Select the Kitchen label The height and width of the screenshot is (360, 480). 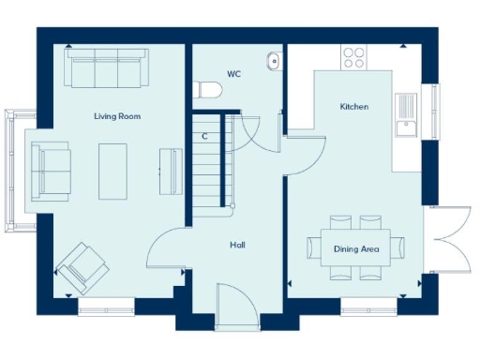(353, 107)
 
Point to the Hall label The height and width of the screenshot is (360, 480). (238, 245)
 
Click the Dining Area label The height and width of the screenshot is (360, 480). (356, 248)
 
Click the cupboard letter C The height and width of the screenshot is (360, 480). (204, 137)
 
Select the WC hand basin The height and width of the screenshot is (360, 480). (273, 61)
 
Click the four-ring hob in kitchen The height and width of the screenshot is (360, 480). (354, 57)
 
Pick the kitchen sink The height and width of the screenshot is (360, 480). (406, 113)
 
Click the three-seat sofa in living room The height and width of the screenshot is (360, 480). (103, 67)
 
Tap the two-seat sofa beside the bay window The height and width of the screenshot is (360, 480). (51, 170)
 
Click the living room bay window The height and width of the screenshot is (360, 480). (13, 170)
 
